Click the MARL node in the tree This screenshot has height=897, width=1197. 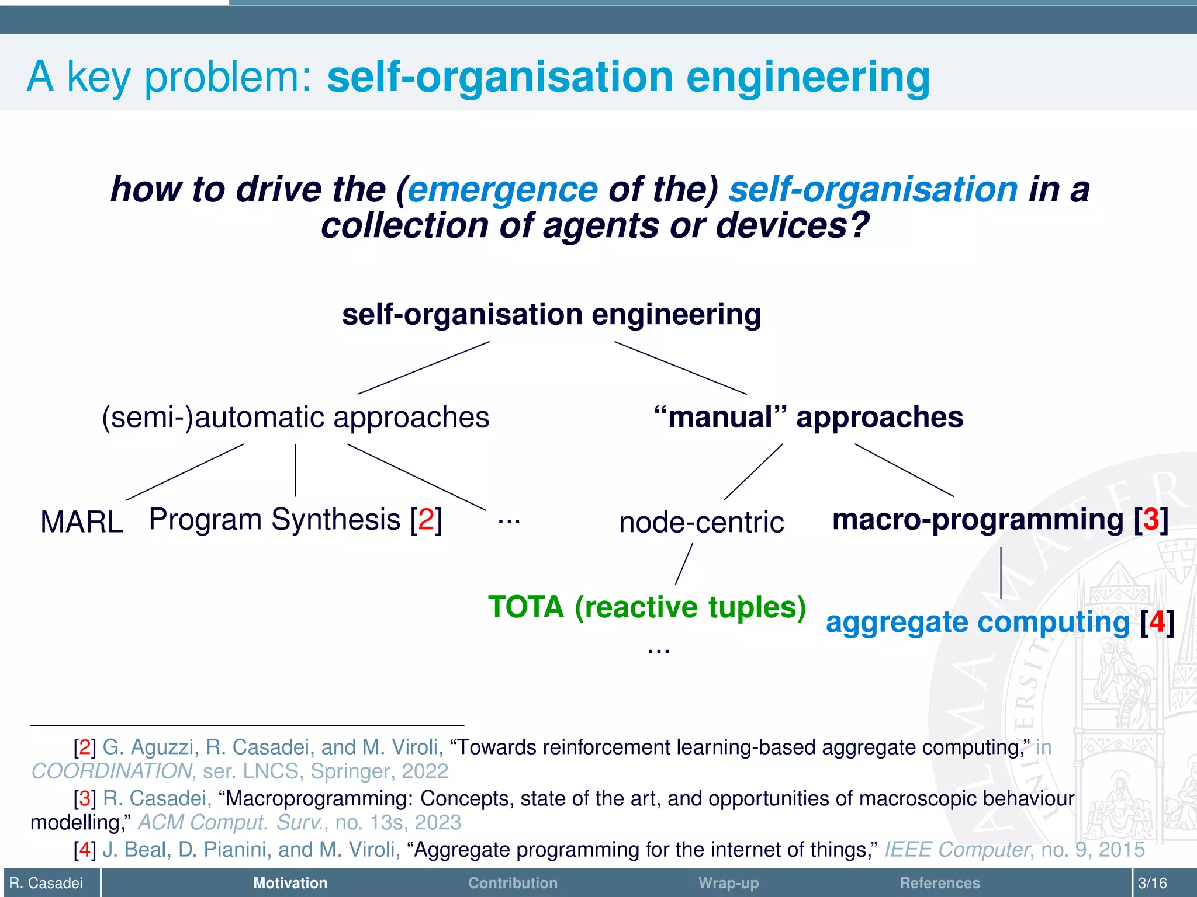point(82,521)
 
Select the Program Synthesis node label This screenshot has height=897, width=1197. point(275,519)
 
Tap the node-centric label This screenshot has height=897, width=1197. point(701,522)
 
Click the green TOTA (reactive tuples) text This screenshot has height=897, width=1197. point(647,607)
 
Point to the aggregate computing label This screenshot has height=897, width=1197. point(977,622)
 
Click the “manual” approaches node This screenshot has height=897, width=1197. point(808,418)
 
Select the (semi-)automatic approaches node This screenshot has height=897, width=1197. point(296,418)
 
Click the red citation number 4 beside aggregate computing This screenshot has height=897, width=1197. point(1157,622)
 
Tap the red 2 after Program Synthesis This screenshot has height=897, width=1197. point(426,519)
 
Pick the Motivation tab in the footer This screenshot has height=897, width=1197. point(290,883)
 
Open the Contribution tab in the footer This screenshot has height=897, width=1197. point(513,883)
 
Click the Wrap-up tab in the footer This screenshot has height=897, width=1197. point(728,883)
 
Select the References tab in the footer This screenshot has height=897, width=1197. point(939,883)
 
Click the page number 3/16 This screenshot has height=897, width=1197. point(1153,883)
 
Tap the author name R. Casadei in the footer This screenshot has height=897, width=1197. point(46,883)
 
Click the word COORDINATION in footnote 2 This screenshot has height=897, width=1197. point(112,771)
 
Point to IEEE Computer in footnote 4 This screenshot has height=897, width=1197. point(956,850)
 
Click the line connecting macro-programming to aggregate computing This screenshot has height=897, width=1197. point(1001,572)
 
